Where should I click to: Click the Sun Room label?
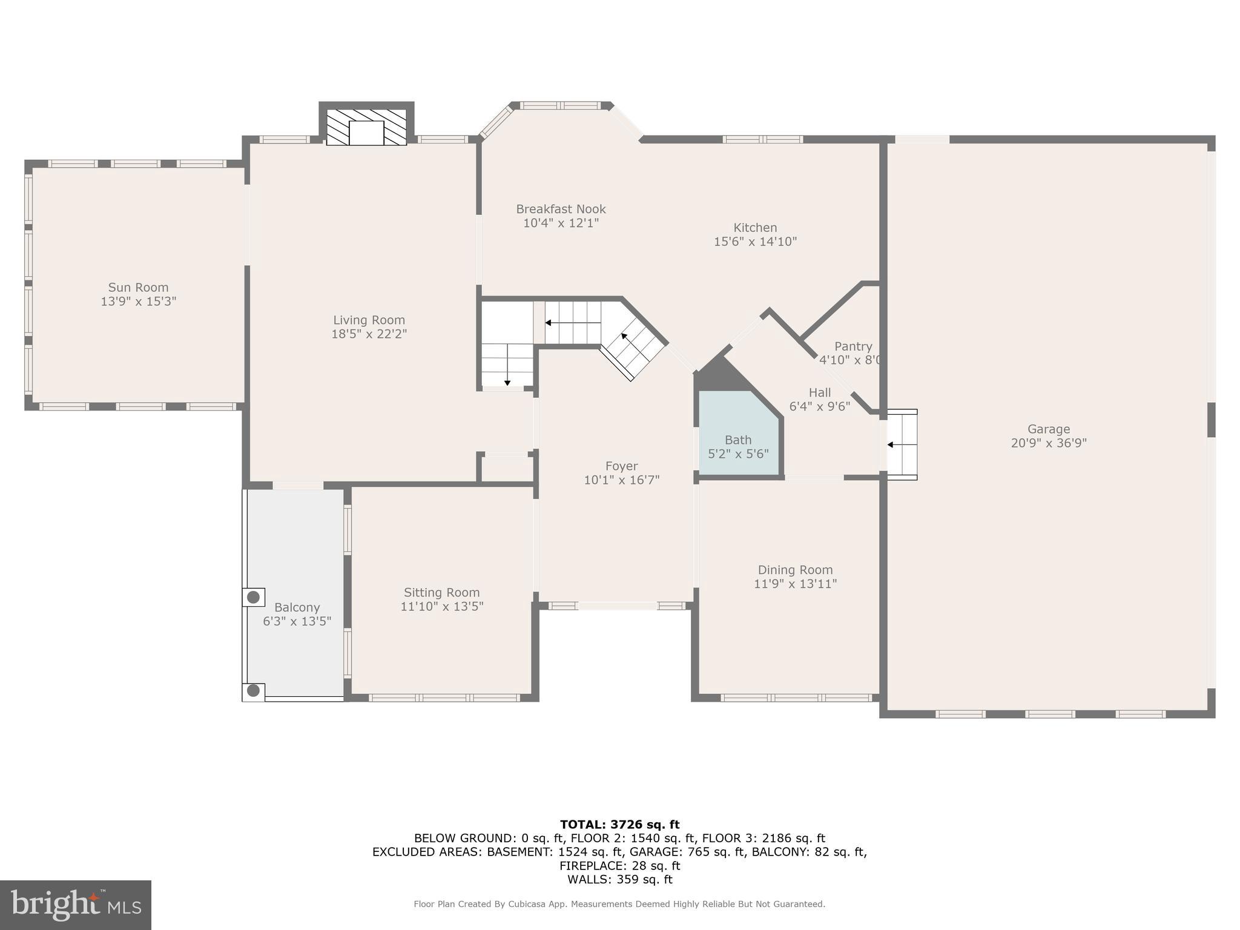pos(138,288)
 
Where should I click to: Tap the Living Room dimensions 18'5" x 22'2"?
pos(369,334)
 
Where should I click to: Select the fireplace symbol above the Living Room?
pos(366,128)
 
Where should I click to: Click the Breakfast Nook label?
pos(561,209)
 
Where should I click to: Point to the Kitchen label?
pos(755,228)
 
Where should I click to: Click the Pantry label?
pos(852,346)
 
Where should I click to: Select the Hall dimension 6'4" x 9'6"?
pos(820,406)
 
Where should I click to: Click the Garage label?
pos(1048,429)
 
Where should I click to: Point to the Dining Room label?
pos(795,570)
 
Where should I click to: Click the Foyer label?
pos(621,466)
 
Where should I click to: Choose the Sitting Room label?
pos(441,592)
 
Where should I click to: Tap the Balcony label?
pos(297,607)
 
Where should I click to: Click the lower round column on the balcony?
pos(254,690)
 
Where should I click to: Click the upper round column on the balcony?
pos(254,597)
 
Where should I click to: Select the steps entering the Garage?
pos(902,444)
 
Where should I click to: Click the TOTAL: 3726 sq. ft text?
pos(619,824)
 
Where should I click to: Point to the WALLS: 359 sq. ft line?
pos(619,879)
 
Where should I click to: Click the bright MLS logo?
pos(76,905)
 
